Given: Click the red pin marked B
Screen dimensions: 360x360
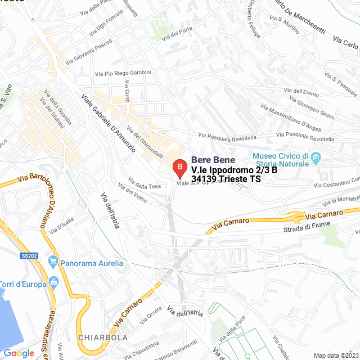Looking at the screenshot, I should (179, 168).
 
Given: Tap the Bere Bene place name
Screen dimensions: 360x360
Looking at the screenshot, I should (213, 160).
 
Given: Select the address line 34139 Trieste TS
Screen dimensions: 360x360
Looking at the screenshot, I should (226, 179).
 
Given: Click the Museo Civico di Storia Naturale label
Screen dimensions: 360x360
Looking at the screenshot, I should (280, 159).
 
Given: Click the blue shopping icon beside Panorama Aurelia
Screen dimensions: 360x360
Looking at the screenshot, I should (53, 261).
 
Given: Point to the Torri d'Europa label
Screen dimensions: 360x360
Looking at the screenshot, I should (22, 284).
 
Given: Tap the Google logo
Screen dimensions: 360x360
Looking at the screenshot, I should (19, 353).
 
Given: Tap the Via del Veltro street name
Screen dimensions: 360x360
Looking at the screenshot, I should (133, 195).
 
